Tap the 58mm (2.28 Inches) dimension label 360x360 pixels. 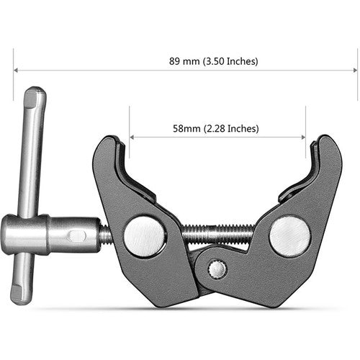coord(216,128)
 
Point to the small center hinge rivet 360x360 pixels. coord(217,269)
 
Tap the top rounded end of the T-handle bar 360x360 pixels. coord(35,95)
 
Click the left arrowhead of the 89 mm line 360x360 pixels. coord(16,70)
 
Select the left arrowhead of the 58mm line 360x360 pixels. coord(132,137)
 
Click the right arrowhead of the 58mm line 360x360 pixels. coord(302,137)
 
